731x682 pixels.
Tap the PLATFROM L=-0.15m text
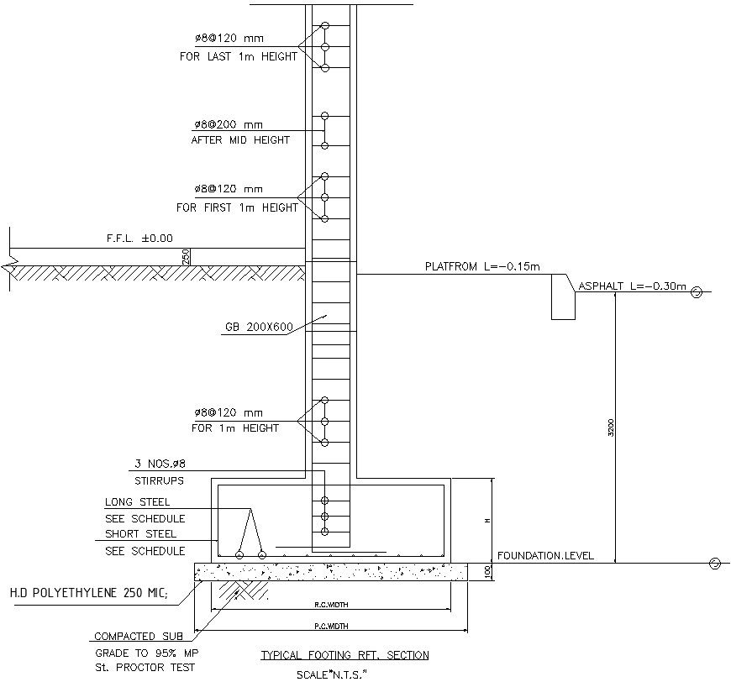click(482, 267)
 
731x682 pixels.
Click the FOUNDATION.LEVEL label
click(545, 555)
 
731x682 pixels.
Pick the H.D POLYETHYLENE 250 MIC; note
click(88, 594)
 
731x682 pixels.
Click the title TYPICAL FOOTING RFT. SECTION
click(344, 655)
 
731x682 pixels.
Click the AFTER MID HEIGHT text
click(240, 140)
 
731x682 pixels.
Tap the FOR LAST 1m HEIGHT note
click(239, 57)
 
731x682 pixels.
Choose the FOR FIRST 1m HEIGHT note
click(237, 207)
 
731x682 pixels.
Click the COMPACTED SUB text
click(139, 637)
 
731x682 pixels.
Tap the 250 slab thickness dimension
click(186, 257)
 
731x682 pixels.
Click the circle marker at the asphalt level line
click(696, 292)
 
